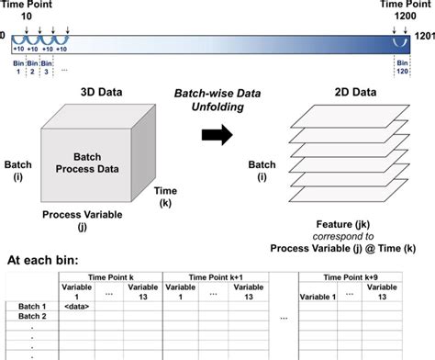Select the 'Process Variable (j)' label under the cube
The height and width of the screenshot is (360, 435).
[x=90, y=219]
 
